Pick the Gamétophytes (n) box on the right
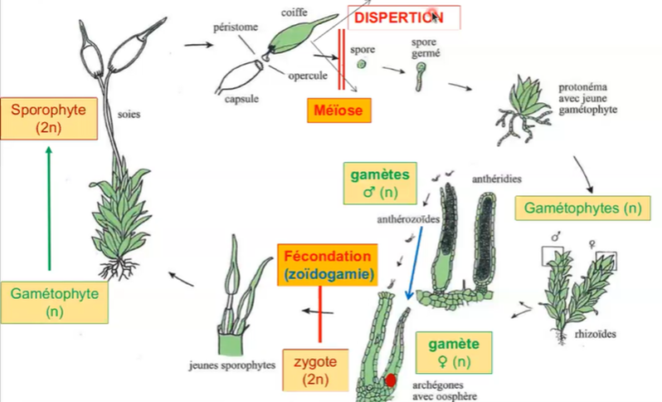581,208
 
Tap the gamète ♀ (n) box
447,351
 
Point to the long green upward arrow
49,208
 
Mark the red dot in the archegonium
389,381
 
